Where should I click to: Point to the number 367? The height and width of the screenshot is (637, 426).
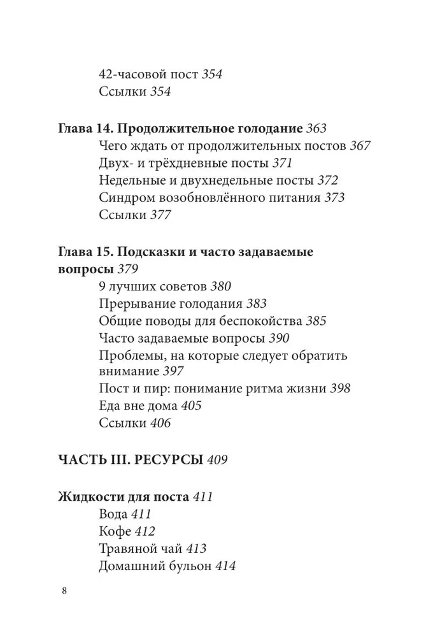360,145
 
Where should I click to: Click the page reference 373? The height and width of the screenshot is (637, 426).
334,197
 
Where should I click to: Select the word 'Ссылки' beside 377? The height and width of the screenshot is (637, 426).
122,215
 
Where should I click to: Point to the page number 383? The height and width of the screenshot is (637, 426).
255,304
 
